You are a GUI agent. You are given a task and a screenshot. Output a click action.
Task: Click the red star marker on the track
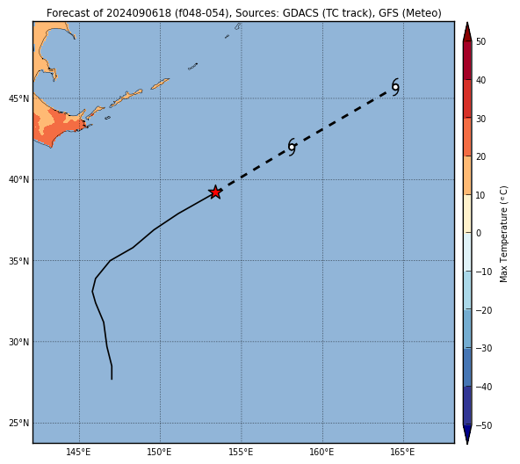(215, 192)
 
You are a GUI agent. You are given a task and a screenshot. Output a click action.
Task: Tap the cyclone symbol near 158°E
(292, 147)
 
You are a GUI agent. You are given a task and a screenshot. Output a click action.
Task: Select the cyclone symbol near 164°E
(395, 87)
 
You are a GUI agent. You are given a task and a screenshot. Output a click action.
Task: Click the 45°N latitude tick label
(18, 98)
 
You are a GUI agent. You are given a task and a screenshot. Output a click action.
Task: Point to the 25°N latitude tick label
(18, 424)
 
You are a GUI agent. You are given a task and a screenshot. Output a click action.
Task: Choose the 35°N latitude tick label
(18, 261)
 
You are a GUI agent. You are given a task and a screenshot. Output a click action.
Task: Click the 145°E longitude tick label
(78, 452)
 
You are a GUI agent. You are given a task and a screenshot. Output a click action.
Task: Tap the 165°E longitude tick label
(403, 452)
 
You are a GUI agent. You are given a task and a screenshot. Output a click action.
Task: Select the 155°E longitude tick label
(241, 452)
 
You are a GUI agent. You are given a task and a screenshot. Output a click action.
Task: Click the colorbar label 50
(480, 41)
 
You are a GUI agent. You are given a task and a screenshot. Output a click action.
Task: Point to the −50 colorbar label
(483, 425)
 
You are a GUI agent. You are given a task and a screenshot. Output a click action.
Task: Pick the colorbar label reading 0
(479, 233)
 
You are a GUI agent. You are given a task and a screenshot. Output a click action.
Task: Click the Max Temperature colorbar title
(503, 234)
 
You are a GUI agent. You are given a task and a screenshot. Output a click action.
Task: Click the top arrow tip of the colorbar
(467, 22)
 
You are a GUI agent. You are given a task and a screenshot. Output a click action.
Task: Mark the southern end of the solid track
(112, 380)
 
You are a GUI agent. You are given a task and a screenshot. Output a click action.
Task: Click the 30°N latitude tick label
(18, 342)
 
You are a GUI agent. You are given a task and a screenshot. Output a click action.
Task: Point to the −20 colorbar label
(483, 310)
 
